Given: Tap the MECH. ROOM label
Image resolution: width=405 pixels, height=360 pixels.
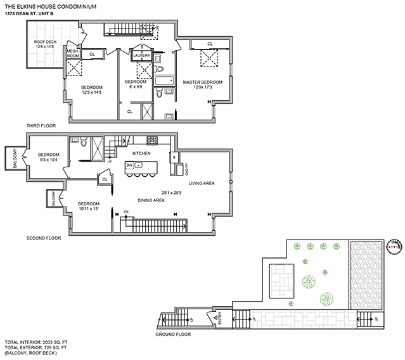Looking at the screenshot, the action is (72, 55).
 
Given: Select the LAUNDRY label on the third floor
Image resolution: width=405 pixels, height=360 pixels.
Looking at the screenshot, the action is (141, 55).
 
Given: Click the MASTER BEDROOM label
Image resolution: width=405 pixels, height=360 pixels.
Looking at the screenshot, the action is (203, 82).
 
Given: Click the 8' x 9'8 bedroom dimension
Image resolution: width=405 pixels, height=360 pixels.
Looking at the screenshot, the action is (135, 88).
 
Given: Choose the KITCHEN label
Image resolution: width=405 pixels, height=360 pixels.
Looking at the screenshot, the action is (141, 153).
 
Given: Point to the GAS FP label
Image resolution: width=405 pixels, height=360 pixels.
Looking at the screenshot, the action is (186, 169).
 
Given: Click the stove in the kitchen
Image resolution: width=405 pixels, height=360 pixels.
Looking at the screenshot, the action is (151, 140).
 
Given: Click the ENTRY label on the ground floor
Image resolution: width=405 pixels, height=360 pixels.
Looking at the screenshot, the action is (220, 317).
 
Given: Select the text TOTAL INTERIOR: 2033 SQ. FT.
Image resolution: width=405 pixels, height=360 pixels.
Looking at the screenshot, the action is (37, 342).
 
